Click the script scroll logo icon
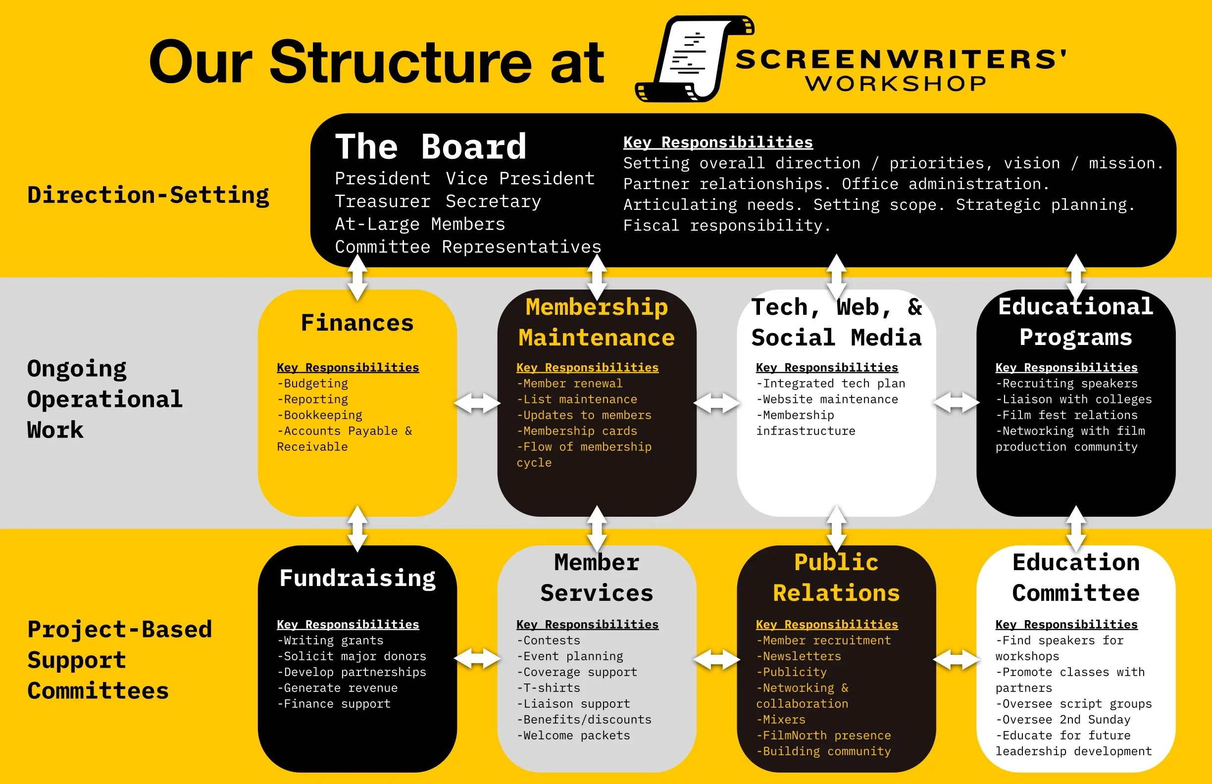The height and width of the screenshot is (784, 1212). tap(693, 58)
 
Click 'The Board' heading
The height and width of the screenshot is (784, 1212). tap(430, 147)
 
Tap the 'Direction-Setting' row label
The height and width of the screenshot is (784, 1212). tap(148, 195)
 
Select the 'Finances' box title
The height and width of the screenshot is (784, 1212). tap(357, 323)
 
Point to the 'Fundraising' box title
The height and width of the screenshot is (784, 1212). tap(357, 578)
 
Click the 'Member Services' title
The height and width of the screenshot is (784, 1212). tap(596, 578)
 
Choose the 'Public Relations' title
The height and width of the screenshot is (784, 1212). tap(836, 578)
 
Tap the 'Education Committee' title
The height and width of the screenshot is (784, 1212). tap(1075, 578)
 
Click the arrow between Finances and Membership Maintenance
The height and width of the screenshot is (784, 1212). tap(477, 403)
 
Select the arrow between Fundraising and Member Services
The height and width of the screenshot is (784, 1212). tap(477, 659)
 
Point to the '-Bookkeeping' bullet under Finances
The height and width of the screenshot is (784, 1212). tap(320, 415)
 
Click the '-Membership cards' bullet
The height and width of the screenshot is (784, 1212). tap(577, 431)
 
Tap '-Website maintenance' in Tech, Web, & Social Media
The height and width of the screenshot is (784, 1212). tap(827, 399)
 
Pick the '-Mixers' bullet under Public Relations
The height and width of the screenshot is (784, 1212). tap(781, 720)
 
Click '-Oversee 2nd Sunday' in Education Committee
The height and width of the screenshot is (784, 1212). tap(1063, 720)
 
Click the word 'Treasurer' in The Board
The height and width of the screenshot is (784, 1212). tap(382, 201)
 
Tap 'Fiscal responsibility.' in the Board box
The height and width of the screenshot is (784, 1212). tap(727, 226)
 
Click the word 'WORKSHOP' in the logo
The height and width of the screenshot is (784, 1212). tap(896, 84)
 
